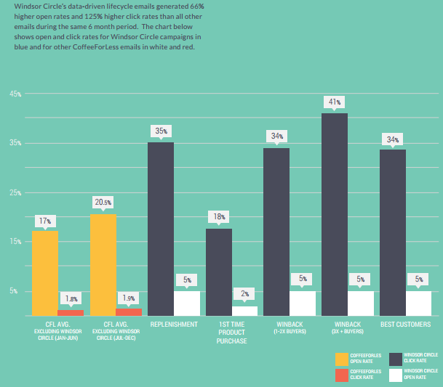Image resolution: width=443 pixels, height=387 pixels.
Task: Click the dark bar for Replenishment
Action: (x=161, y=229)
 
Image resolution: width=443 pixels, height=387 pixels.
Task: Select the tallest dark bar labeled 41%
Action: (x=335, y=214)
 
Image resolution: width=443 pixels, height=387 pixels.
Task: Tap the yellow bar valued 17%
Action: (x=45, y=272)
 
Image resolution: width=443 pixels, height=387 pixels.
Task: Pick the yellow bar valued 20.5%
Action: (x=103, y=265)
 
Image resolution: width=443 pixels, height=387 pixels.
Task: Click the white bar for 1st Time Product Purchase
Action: (x=245, y=311)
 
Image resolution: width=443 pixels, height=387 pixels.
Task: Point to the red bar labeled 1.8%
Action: (x=71, y=313)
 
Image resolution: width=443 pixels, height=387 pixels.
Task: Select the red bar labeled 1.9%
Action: (x=129, y=312)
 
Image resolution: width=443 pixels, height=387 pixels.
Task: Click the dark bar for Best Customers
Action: (x=393, y=232)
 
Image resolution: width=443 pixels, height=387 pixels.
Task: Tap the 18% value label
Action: (x=219, y=216)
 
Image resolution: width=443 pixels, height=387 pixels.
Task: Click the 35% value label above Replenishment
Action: (x=161, y=131)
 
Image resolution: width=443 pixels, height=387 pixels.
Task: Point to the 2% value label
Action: (x=245, y=294)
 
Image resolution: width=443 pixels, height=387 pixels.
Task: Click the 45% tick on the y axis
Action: (x=15, y=94)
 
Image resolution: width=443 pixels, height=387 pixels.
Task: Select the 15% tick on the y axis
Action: (x=15, y=242)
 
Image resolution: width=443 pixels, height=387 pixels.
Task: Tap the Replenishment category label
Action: (x=173, y=324)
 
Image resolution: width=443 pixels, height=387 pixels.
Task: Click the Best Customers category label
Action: (x=404, y=324)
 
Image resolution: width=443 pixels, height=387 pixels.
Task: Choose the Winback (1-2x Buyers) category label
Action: (x=289, y=327)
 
